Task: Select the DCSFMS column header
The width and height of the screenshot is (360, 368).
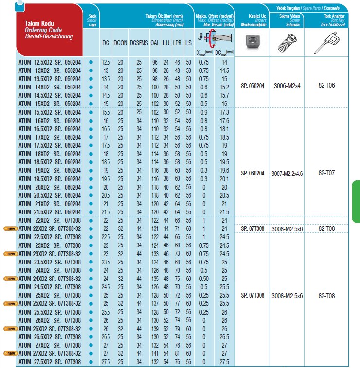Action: [x=139, y=43]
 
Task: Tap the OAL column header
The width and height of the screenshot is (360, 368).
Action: [x=155, y=43]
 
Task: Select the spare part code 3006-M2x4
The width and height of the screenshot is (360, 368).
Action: [x=287, y=85]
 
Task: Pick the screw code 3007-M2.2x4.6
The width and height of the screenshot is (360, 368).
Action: [x=287, y=173]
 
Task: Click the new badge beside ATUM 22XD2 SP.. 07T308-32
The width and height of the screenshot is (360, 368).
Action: [x=10, y=228]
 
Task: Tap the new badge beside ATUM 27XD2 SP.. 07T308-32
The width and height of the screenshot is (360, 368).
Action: [x=10, y=353]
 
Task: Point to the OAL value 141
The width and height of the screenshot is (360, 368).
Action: [x=155, y=353]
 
